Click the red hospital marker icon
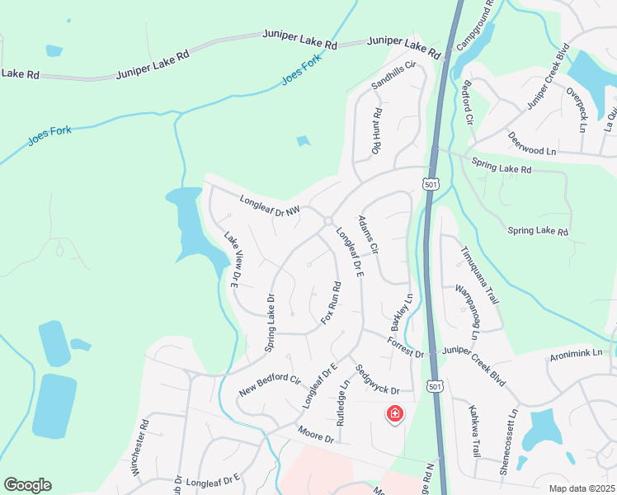coord(394,414)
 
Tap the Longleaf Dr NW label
coord(269,205)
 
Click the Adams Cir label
coord(368,235)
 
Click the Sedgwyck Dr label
coord(377,380)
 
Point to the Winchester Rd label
coord(138,448)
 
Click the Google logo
coord(27,485)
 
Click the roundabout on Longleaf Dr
coord(328,221)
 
